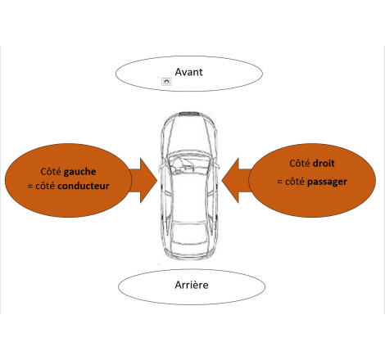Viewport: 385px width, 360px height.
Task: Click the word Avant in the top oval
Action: pos(188,71)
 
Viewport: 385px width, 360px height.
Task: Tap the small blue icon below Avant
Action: pos(167,83)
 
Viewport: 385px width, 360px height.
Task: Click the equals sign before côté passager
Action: pos(279,180)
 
